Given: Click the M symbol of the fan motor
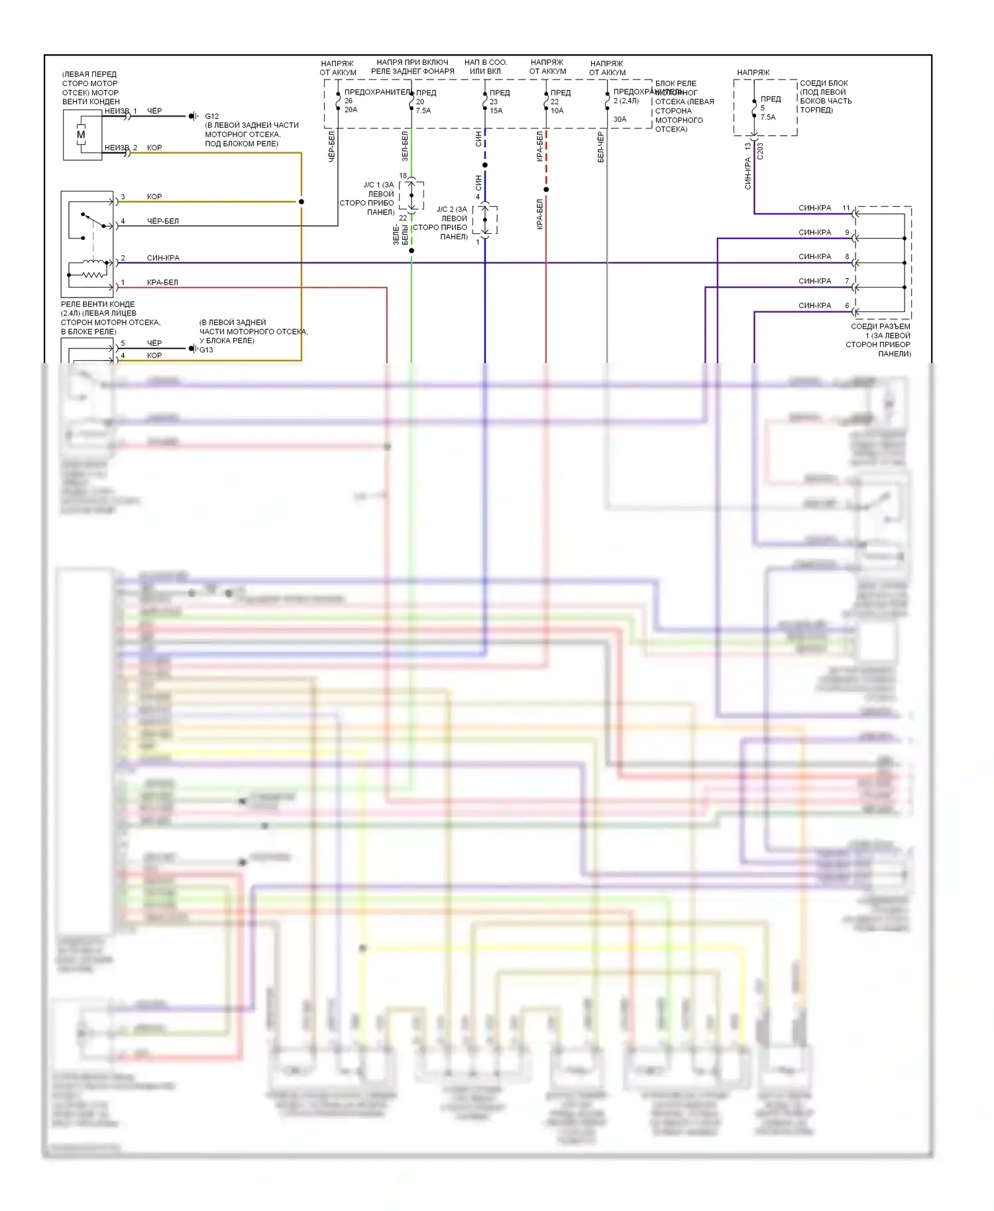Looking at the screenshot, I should click(81, 134).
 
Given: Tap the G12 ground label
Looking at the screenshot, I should click(211, 116).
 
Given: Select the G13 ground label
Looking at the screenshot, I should click(207, 350).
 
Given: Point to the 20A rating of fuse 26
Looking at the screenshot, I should click(351, 110).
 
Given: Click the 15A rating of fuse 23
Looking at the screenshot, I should click(496, 111).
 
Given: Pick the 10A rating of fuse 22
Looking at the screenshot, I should click(557, 111).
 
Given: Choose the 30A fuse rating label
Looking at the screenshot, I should click(620, 119).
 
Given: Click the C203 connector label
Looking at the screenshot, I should click(760, 151).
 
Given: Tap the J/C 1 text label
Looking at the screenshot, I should click(378, 185).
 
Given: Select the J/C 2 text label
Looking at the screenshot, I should click(451, 209).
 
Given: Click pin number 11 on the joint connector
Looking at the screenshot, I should click(846, 208).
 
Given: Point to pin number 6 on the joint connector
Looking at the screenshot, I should click(847, 305).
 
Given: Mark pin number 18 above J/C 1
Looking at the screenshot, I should click(403, 176).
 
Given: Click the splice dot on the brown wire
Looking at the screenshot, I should click(302, 201).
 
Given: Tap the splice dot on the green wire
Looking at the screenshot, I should click(412, 250).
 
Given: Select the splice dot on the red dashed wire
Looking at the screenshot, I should click(546, 189).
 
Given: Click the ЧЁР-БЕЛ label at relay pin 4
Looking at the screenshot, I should click(162, 221).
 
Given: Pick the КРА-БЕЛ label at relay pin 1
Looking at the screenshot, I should click(162, 282).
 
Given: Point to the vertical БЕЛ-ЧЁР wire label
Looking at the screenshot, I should click(600, 147).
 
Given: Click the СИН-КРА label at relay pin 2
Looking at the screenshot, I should click(163, 258).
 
